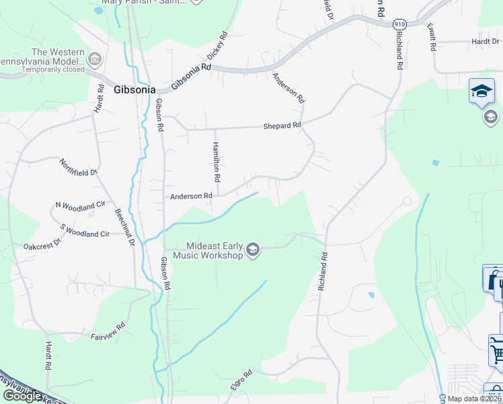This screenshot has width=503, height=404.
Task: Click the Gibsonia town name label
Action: click(134, 89)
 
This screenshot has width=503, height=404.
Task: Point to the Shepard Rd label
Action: click(282, 125)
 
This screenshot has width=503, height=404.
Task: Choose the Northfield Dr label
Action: click(79, 167)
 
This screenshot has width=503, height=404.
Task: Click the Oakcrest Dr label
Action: click(42, 246)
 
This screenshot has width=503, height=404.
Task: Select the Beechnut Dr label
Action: click(125, 226)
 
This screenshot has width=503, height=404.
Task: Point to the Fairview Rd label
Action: click(108, 331)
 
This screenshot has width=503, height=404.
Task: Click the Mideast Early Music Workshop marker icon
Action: click(253, 250)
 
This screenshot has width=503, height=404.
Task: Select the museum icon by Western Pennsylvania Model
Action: click(94, 60)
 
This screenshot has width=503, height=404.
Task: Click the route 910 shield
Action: click(399, 24)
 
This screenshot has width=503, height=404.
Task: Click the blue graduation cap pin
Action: click(481, 92)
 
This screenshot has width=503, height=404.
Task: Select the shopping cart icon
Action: click(497, 351)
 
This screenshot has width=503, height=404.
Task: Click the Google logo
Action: click(22, 396)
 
